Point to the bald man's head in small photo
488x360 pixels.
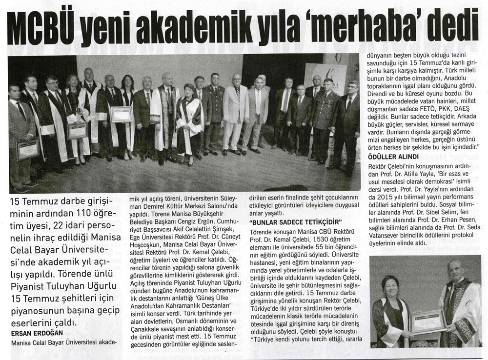point(454,270)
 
